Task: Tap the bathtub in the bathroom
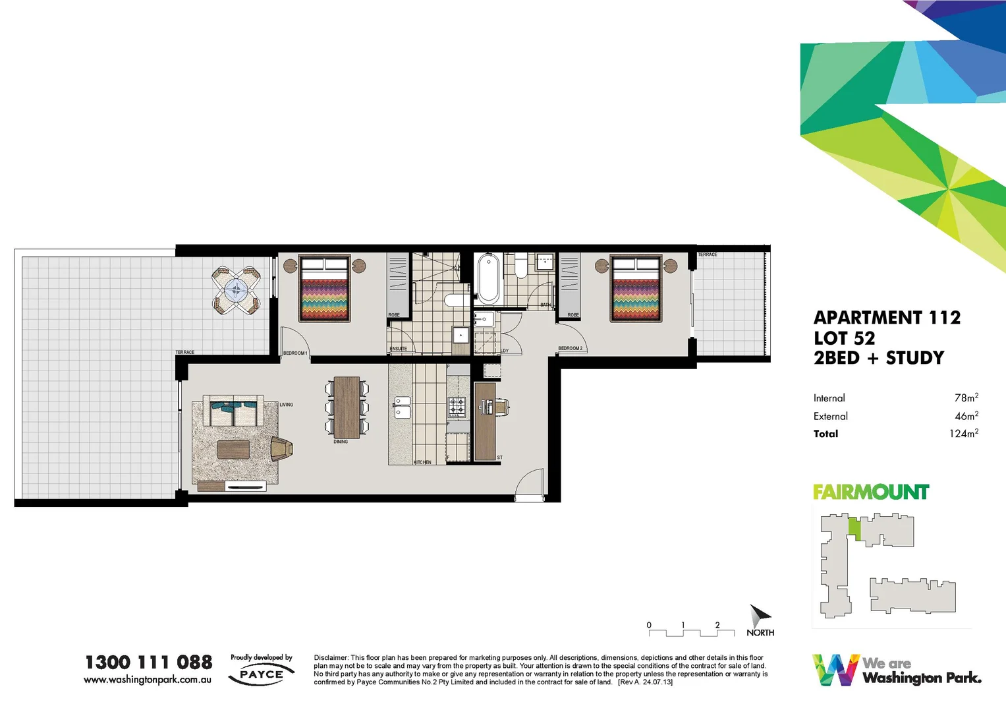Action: point(488,278)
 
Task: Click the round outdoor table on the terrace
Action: point(236,289)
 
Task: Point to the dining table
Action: point(347,407)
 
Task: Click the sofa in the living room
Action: point(233,412)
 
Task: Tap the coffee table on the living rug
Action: point(234,449)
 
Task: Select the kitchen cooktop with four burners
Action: point(457,407)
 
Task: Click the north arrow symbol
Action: point(760,616)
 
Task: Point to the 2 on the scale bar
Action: point(717,625)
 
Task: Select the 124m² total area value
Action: point(963,433)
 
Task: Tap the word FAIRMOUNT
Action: point(870,492)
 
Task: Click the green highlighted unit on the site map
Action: point(854,528)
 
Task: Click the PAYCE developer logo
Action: point(262,674)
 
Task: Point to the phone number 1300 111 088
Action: point(149,662)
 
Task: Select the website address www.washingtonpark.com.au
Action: point(148,680)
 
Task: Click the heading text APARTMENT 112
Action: point(887,318)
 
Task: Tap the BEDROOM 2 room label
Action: point(570,348)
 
